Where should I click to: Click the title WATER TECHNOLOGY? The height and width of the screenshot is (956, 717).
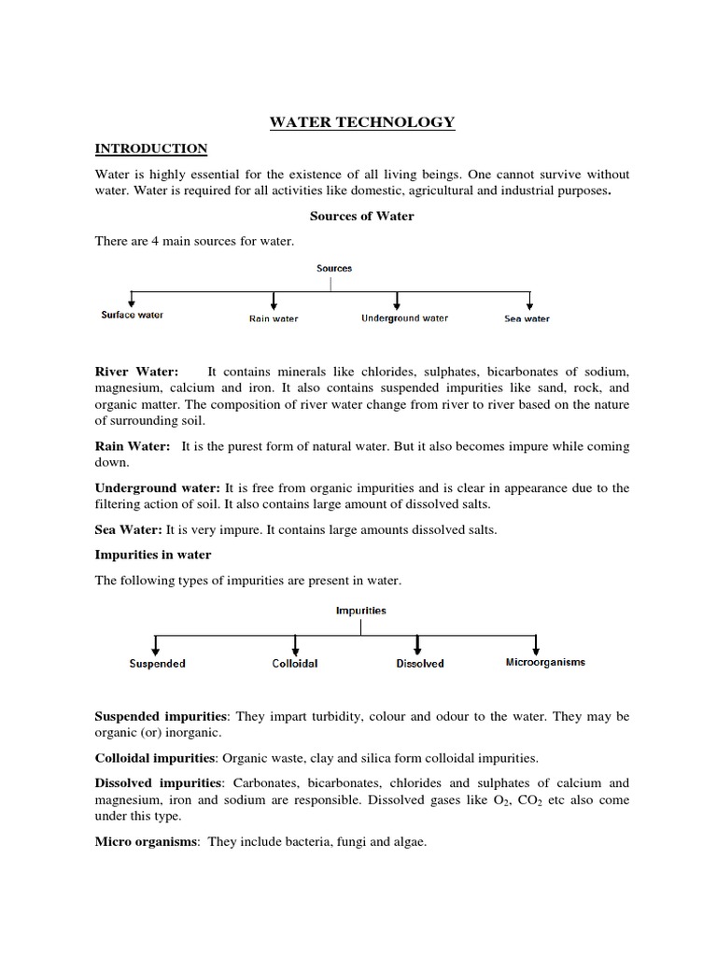click(x=362, y=122)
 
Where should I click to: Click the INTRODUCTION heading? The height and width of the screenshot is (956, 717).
click(x=151, y=148)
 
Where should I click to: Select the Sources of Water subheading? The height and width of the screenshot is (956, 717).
click(x=361, y=216)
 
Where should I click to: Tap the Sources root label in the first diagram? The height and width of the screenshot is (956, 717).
click(x=334, y=268)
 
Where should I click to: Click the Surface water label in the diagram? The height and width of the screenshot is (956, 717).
click(x=132, y=316)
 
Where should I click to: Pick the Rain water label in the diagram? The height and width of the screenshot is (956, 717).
click(x=274, y=318)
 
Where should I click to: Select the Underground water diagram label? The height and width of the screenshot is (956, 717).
click(x=404, y=318)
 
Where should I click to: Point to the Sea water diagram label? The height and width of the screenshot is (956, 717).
click(x=527, y=318)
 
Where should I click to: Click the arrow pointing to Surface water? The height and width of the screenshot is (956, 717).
click(x=133, y=300)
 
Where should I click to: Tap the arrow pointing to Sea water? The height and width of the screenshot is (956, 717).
click(x=529, y=301)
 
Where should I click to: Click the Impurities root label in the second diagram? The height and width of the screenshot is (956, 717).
click(x=360, y=611)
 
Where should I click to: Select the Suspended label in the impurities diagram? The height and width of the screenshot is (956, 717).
click(x=157, y=664)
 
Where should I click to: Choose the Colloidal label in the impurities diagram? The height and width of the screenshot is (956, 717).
click(x=294, y=664)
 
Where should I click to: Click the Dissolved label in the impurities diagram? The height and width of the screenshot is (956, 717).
click(x=419, y=664)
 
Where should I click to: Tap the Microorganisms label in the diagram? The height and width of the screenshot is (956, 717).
click(x=545, y=662)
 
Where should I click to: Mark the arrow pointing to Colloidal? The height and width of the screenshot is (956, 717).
click(x=295, y=644)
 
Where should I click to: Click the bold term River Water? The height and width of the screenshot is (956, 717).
click(x=136, y=372)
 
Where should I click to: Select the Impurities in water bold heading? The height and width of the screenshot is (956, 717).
click(x=153, y=555)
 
